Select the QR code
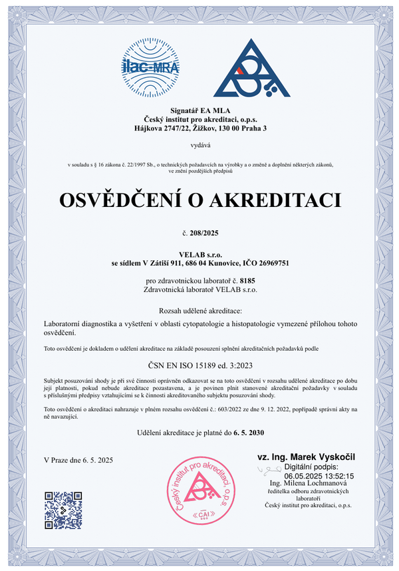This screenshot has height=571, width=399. click(x=63, y=510)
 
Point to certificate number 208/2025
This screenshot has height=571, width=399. click(x=203, y=233)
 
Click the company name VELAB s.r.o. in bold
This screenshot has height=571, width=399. click(x=199, y=254)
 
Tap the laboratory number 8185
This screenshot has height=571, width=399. click(x=247, y=281)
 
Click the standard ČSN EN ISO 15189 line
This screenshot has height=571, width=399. click(x=199, y=365)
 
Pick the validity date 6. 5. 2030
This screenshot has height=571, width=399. click(x=249, y=433)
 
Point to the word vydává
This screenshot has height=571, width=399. click(x=199, y=144)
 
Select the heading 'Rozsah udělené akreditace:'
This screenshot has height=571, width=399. click(x=199, y=311)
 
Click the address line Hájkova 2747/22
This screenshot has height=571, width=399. click(x=199, y=128)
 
